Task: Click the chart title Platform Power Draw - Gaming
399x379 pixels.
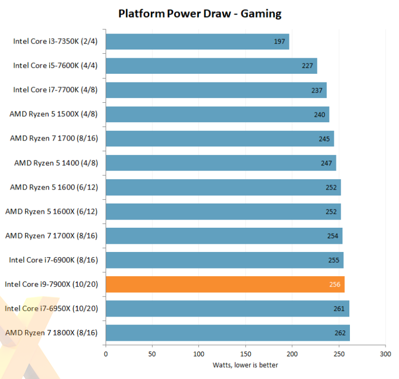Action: pos(200,13)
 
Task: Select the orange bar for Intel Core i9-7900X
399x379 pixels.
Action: pos(225,284)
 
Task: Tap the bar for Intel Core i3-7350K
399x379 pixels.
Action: pos(197,41)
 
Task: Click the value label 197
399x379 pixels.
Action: pos(279,41)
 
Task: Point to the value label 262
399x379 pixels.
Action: pos(340,333)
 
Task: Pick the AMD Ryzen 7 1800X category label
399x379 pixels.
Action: pos(51,333)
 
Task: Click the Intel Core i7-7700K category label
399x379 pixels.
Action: pos(55,90)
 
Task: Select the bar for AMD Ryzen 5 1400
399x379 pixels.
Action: pos(221,163)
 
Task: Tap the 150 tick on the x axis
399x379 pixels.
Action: pos(245,354)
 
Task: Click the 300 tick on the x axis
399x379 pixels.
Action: pos(385,354)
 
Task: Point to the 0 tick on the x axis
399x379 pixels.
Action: pos(106,354)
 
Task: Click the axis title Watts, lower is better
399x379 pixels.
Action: pos(245,366)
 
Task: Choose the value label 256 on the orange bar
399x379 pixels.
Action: pos(334,284)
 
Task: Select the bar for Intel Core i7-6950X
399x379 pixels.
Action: pos(227,308)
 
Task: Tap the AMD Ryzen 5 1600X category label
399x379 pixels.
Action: pos(51,212)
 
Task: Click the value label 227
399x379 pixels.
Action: pos(307,66)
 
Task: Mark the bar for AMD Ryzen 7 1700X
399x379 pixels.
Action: pos(224,236)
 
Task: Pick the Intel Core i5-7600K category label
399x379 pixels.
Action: pos(55,66)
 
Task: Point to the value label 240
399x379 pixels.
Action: pos(319,114)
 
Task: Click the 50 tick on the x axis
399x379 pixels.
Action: pos(152,354)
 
